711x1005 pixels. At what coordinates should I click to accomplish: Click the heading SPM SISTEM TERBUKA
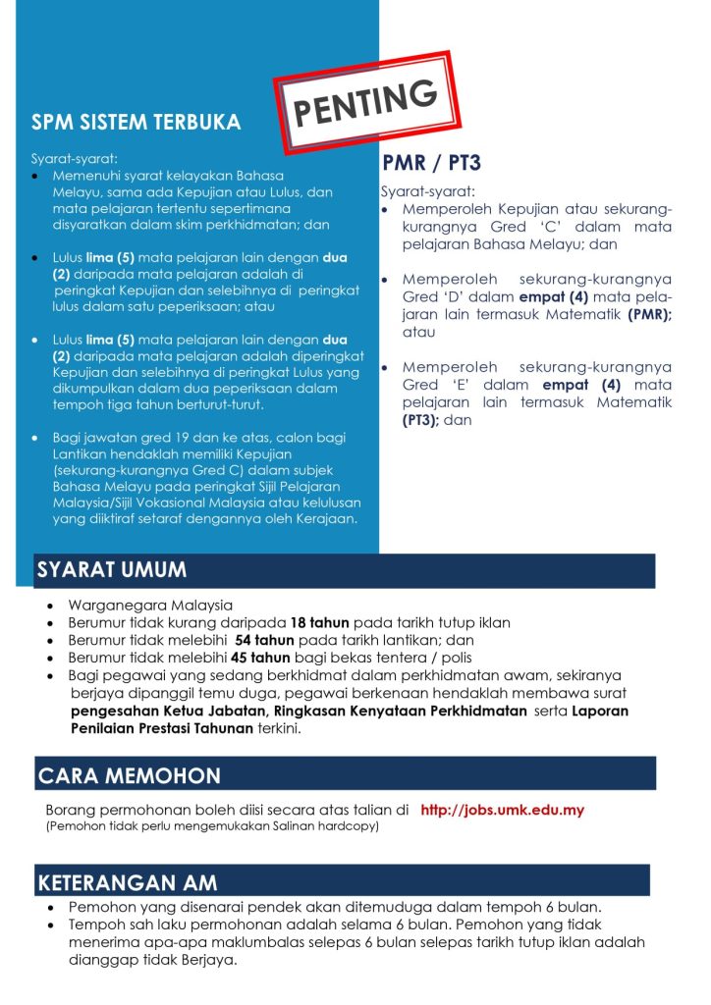click(x=136, y=123)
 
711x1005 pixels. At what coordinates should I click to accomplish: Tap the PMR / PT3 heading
click(x=431, y=162)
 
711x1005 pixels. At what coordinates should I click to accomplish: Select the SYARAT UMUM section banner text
click(x=112, y=570)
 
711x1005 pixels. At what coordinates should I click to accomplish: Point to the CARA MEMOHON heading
click(x=130, y=775)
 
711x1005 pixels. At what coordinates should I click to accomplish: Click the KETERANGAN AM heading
click(x=128, y=882)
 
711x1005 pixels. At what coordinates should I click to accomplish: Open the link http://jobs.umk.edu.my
click(x=502, y=811)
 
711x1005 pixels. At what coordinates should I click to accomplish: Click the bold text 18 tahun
click(x=319, y=623)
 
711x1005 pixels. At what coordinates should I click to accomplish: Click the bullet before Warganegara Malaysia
click(x=49, y=606)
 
